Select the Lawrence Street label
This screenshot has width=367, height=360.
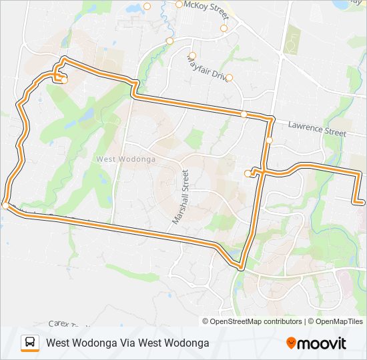click(317, 128)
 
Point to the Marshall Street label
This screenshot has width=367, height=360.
click(181, 196)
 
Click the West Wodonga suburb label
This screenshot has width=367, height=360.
click(126, 159)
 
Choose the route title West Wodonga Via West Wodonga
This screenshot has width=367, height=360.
click(127, 343)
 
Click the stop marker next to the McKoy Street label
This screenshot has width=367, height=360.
click(179, 5)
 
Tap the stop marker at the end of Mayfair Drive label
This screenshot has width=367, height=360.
click(229, 78)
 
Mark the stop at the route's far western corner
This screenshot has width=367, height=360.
click(5, 206)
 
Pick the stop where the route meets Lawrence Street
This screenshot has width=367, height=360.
click(244, 115)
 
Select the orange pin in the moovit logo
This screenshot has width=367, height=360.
click(291, 343)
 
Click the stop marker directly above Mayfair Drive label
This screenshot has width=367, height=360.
click(192, 56)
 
